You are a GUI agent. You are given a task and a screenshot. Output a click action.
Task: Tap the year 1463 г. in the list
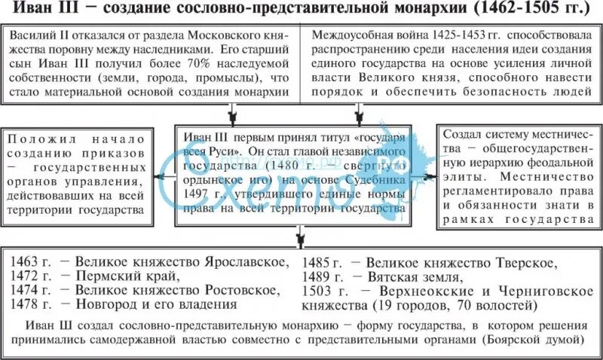[32, 263]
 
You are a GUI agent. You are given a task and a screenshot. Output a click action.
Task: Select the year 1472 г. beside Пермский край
[32, 276]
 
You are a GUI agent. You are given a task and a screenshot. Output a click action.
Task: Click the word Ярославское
[238, 263]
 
